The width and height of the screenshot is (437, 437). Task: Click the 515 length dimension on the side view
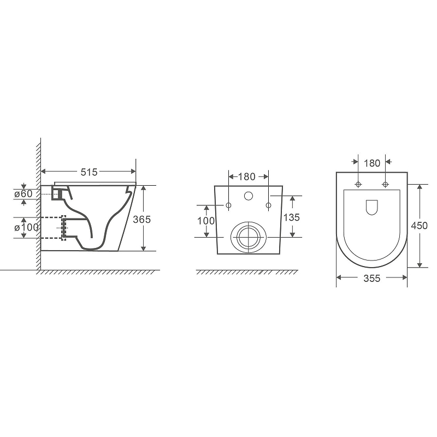point(89,172)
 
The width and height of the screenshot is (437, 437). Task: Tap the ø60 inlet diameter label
point(23,193)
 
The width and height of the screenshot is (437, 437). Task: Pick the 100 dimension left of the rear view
point(206,221)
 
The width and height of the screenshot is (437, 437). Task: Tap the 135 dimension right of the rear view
point(292,217)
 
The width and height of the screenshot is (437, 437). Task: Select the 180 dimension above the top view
point(371,163)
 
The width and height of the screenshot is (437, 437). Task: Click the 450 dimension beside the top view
point(419,226)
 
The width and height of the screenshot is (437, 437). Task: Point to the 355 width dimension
point(371,278)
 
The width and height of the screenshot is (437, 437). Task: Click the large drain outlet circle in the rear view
point(249,237)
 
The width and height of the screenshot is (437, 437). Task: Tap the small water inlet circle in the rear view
point(249,196)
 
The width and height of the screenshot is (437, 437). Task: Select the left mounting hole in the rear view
point(229,205)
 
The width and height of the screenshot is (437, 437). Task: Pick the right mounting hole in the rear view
point(268,205)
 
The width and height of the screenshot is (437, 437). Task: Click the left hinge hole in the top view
point(358,184)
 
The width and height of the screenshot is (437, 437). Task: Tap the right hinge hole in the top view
point(386,184)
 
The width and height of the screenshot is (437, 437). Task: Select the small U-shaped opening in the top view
point(371,206)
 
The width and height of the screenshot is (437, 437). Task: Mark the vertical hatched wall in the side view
point(39,208)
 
